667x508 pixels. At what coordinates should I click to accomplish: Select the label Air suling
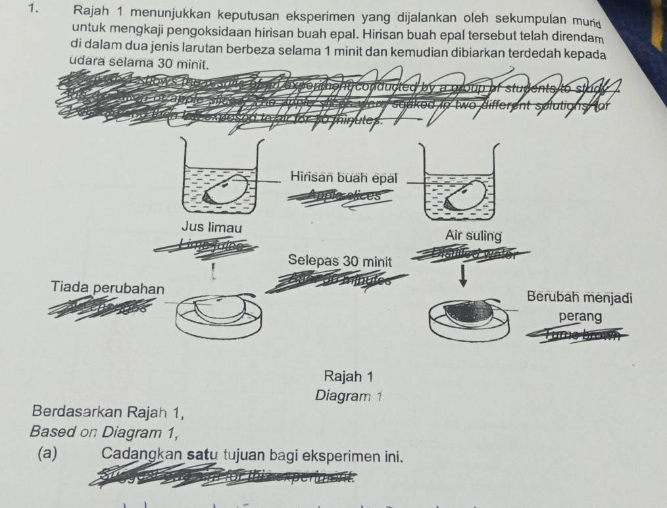tap(474, 236)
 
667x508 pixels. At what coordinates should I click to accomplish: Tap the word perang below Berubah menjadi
tap(579, 317)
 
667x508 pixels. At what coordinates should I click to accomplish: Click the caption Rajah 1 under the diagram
tap(349, 376)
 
